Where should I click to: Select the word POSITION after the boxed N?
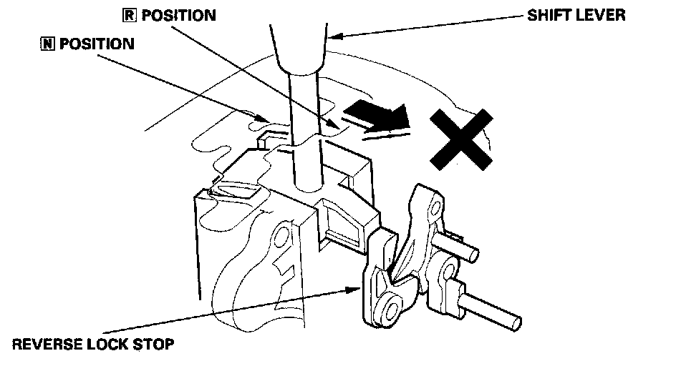(97, 43)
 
